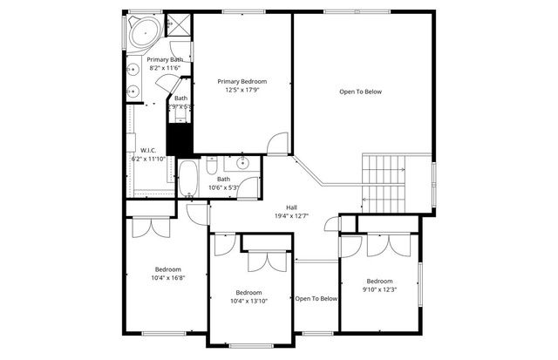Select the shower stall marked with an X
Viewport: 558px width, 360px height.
179,25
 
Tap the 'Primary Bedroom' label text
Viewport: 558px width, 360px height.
242,81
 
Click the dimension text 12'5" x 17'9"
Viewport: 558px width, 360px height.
242,91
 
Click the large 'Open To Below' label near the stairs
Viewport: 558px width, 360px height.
360,92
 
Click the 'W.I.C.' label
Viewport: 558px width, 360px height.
147,149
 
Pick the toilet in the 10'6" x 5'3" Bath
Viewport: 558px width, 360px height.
212,166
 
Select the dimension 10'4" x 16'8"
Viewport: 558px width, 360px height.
168,278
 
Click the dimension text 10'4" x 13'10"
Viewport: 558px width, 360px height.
248,301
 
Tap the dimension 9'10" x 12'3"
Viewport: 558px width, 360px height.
379,289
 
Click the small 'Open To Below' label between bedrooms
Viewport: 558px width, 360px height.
316,299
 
